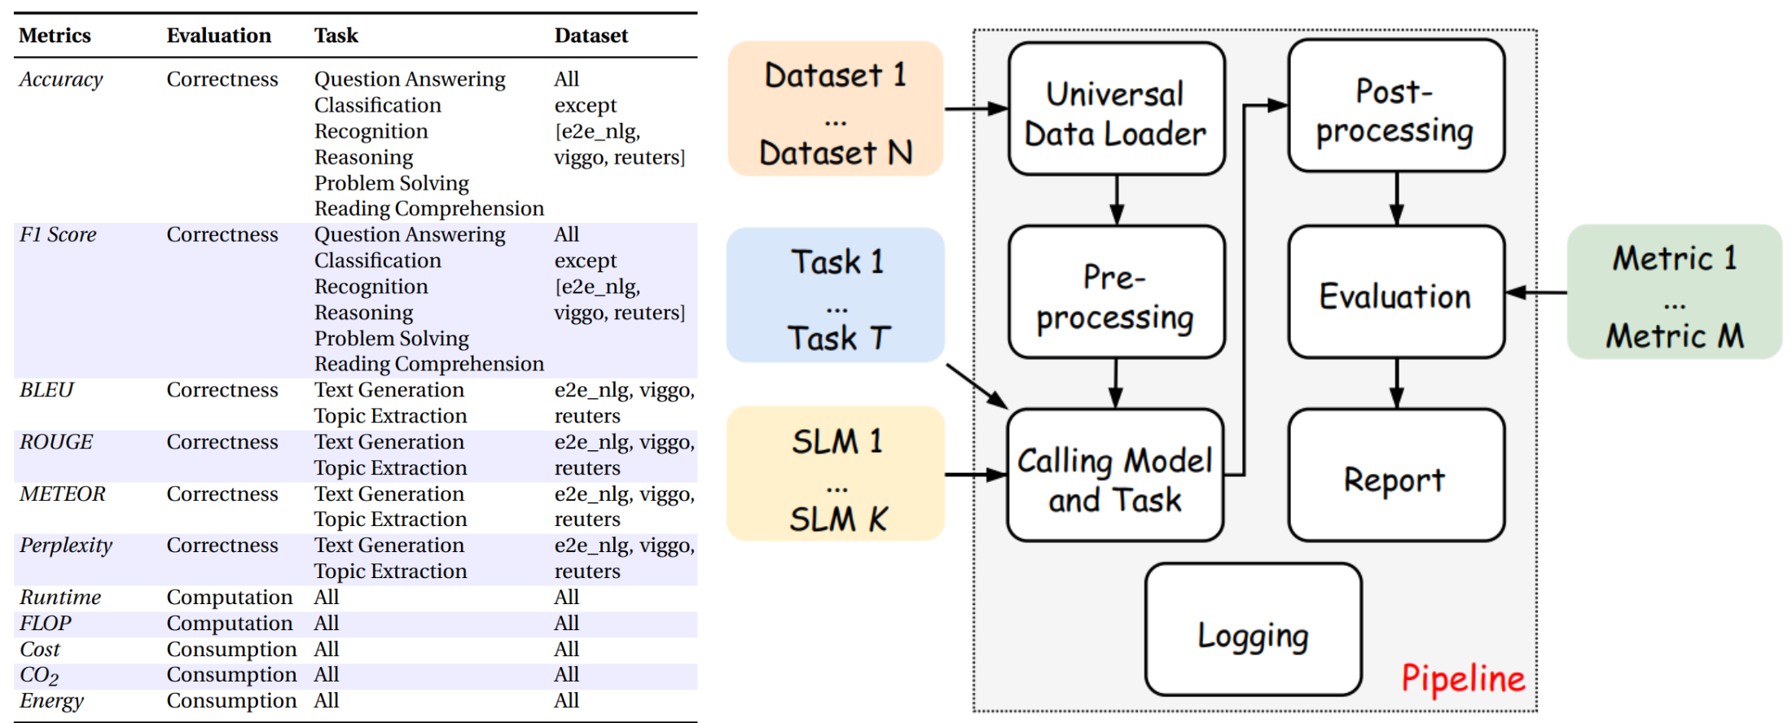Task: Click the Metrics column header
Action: (55, 36)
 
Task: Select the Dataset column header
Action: (591, 36)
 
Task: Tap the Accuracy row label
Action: (61, 80)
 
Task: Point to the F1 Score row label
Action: (58, 235)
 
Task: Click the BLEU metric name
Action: (46, 390)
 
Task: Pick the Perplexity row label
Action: (66, 546)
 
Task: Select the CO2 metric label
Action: (39, 675)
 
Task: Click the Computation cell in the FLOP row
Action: (229, 624)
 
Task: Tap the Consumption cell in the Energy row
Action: (231, 701)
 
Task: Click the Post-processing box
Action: (1395, 107)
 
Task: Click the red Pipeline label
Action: (1462, 678)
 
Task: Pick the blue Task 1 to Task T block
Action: (836, 296)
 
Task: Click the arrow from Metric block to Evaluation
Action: (1535, 292)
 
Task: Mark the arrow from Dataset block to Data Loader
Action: (976, 108)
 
